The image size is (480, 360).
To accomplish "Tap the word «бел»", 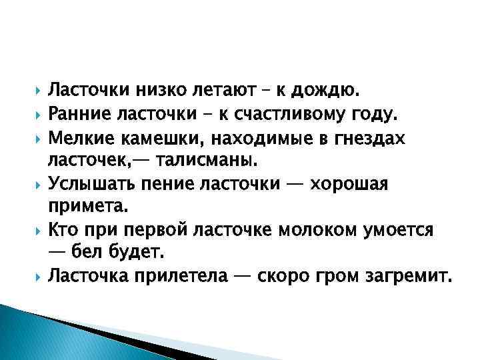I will tap(91, 253).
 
